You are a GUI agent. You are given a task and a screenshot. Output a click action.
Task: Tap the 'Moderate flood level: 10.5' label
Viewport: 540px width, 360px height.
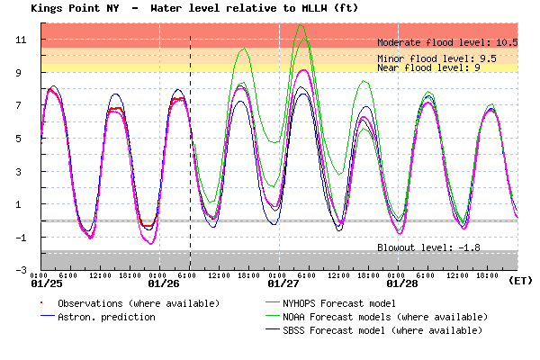coord(447,42)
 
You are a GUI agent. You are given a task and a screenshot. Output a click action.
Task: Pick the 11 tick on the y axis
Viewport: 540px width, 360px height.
coord(31,40)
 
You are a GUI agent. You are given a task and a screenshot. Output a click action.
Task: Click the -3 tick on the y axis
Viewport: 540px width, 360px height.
coord(31,270)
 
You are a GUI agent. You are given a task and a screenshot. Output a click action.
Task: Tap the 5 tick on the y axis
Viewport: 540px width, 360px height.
coord(32,139)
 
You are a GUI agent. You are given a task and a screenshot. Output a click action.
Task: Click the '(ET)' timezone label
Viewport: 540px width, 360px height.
coord(519,280)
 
